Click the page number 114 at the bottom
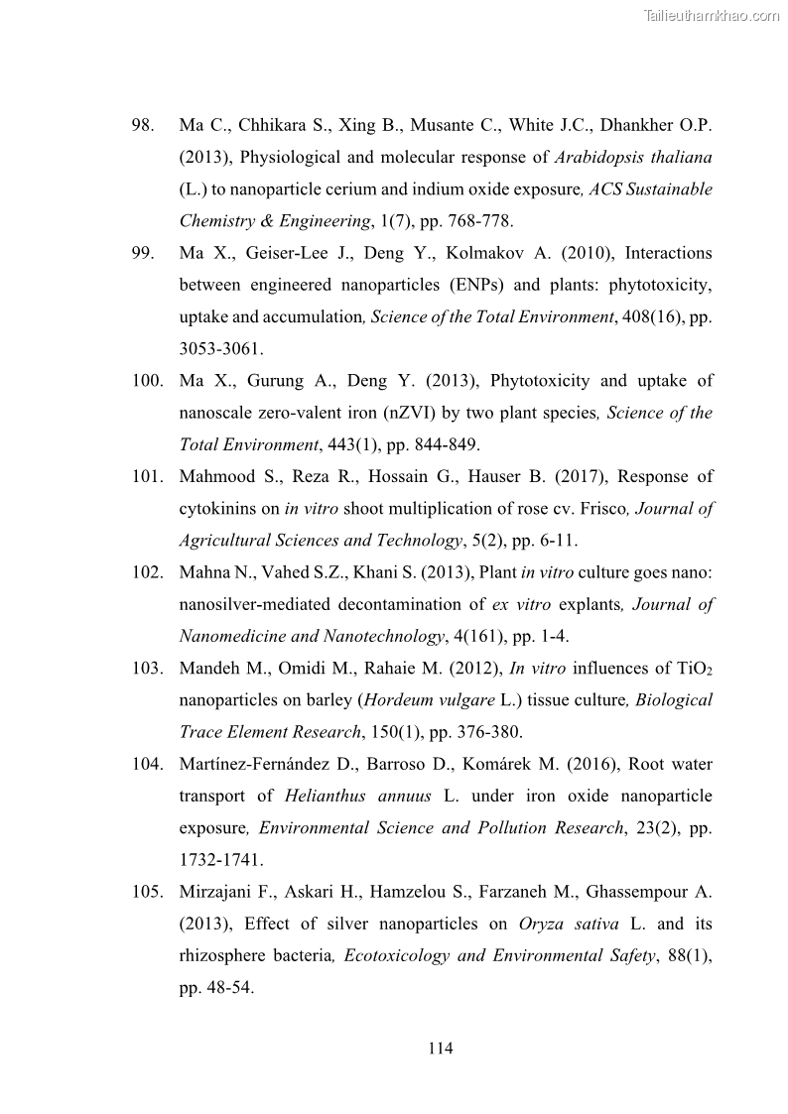441,1049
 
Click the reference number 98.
143,126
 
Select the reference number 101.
147,477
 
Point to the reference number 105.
147,892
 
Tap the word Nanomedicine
237,636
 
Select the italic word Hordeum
401,700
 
